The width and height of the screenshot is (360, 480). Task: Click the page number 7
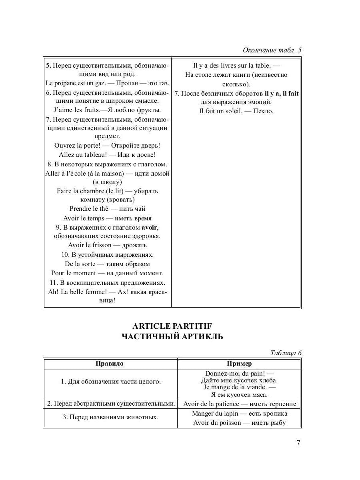298,442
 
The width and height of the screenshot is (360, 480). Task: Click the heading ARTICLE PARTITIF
172,326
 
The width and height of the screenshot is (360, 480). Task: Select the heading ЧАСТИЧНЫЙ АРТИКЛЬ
172,337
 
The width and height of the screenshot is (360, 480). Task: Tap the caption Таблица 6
286,353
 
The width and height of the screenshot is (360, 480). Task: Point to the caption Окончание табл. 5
272,50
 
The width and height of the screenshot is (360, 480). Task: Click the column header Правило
110,364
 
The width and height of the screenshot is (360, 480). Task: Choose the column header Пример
239,364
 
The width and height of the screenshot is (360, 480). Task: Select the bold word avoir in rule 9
150,227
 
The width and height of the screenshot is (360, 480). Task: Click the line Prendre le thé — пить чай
107,209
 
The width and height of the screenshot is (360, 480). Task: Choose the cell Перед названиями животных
110,417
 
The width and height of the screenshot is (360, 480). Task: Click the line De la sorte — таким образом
107,264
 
